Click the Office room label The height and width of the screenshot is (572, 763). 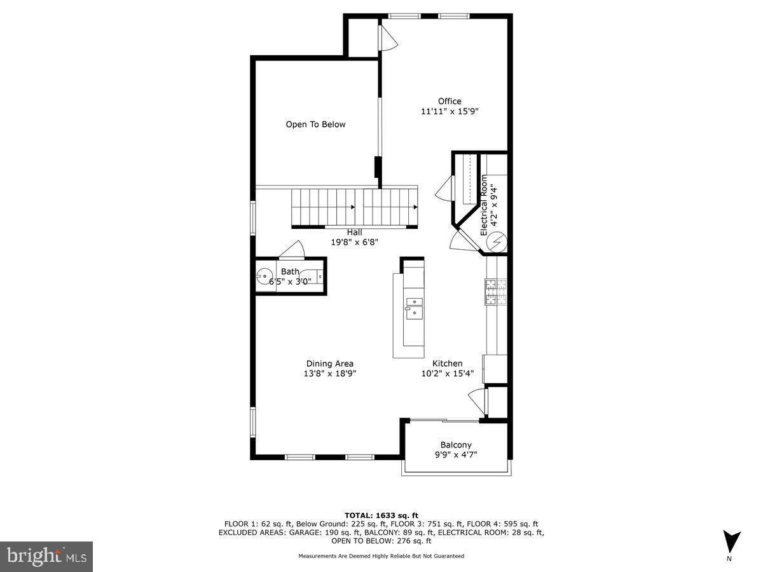coord(450,101)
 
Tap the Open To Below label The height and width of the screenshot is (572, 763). coord(315,125)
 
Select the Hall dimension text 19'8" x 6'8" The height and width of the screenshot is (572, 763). coord(354,242)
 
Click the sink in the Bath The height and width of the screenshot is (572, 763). coord(265,276)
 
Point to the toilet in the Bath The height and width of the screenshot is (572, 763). coord(319,276)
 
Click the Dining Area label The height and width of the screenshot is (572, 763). coord(329,364)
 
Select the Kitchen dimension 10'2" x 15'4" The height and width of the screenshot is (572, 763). coord(448,374)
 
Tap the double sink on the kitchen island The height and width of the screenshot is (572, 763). coord(413,306)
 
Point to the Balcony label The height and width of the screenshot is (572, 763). coord(456,445)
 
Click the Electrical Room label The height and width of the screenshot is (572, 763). coord(484,205)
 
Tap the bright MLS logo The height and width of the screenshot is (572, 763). coord(46,557)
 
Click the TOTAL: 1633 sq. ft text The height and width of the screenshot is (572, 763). coord(381,515)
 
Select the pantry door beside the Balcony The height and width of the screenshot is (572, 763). coord(477,400)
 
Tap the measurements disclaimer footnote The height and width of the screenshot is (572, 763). coord(381,556)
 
